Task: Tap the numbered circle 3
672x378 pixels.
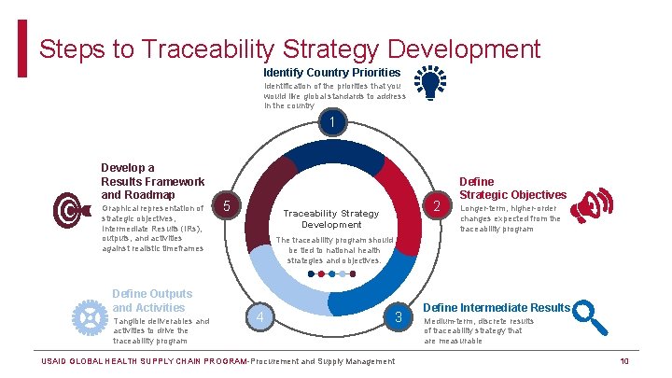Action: point(398,318)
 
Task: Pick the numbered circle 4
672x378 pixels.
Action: point(259,318)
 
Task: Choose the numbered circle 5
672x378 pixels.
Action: point(231,204)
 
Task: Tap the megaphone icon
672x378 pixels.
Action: point(592,206)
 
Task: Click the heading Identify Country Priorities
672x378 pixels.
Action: point(331,72)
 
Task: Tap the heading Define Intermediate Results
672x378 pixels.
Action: point(497,307)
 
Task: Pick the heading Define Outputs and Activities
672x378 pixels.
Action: point(152,301)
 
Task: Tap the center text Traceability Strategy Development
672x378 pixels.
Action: point(331,218)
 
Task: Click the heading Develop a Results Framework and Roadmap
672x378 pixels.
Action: point(152,180)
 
